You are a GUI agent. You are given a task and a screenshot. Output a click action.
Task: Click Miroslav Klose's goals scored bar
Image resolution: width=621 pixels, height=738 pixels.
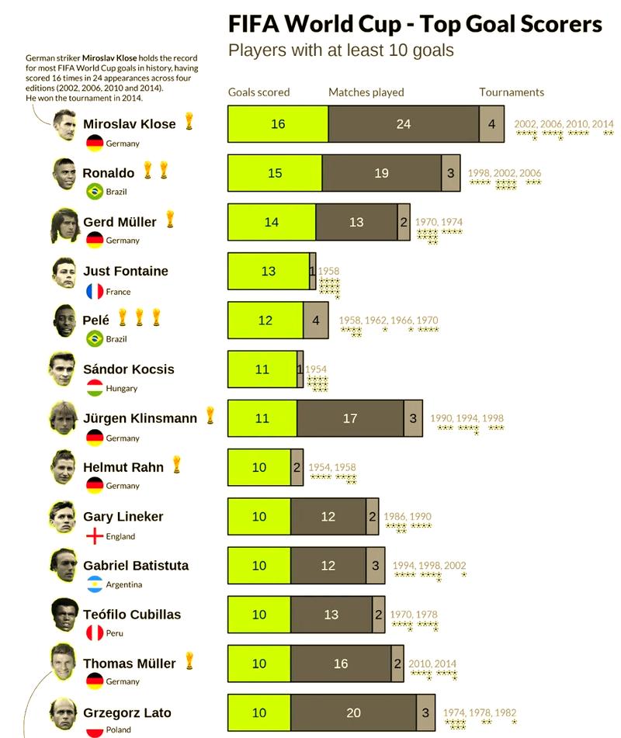point(278,124)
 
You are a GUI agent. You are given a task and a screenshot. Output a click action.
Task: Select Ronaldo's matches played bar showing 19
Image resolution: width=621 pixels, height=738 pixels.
point(381,173)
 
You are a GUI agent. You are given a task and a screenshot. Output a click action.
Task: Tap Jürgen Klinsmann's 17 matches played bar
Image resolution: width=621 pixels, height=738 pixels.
point(350,418)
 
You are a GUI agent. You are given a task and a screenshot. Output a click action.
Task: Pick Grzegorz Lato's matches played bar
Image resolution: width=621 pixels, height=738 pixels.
point(354,713)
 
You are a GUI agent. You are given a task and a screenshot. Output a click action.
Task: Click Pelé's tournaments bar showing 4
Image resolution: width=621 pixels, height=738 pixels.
point(315,320)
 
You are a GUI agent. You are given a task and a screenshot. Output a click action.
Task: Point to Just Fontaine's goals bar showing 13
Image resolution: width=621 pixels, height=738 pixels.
point(268,272)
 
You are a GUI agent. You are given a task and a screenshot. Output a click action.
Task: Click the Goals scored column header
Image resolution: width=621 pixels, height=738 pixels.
point(258,92)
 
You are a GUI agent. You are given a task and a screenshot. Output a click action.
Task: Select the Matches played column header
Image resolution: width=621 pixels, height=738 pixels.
point(366,92)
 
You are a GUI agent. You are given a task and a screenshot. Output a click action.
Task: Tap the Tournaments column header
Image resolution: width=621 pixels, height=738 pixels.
point(512,92)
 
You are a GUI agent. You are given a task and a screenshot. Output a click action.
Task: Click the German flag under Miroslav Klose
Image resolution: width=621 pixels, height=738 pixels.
point(95,144)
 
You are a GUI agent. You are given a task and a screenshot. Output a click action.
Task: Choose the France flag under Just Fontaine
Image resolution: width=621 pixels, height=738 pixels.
point(95,292)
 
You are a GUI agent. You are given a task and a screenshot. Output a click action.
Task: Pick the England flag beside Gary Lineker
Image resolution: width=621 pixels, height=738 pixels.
point(95,536)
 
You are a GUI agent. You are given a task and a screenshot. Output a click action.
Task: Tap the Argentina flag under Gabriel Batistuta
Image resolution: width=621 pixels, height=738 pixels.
point(95,584)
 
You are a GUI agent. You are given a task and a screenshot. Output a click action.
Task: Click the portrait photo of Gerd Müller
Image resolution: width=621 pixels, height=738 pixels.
point(65,226)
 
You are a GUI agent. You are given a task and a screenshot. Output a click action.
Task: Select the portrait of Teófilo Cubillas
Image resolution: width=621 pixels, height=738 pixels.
point(65,616)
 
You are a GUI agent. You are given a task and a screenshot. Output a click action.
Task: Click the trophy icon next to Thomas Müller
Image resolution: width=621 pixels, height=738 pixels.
point(189,662)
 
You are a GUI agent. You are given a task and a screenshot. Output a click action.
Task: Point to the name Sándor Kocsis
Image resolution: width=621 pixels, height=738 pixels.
point(129,369)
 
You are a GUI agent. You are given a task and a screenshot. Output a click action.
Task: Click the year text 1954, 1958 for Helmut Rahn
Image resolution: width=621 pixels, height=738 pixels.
point(332,468)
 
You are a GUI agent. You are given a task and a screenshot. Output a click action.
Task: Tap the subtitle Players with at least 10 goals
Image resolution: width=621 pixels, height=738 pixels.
point(341,51)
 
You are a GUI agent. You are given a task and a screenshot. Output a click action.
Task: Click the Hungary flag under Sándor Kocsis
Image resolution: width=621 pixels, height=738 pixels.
point(95,388)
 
